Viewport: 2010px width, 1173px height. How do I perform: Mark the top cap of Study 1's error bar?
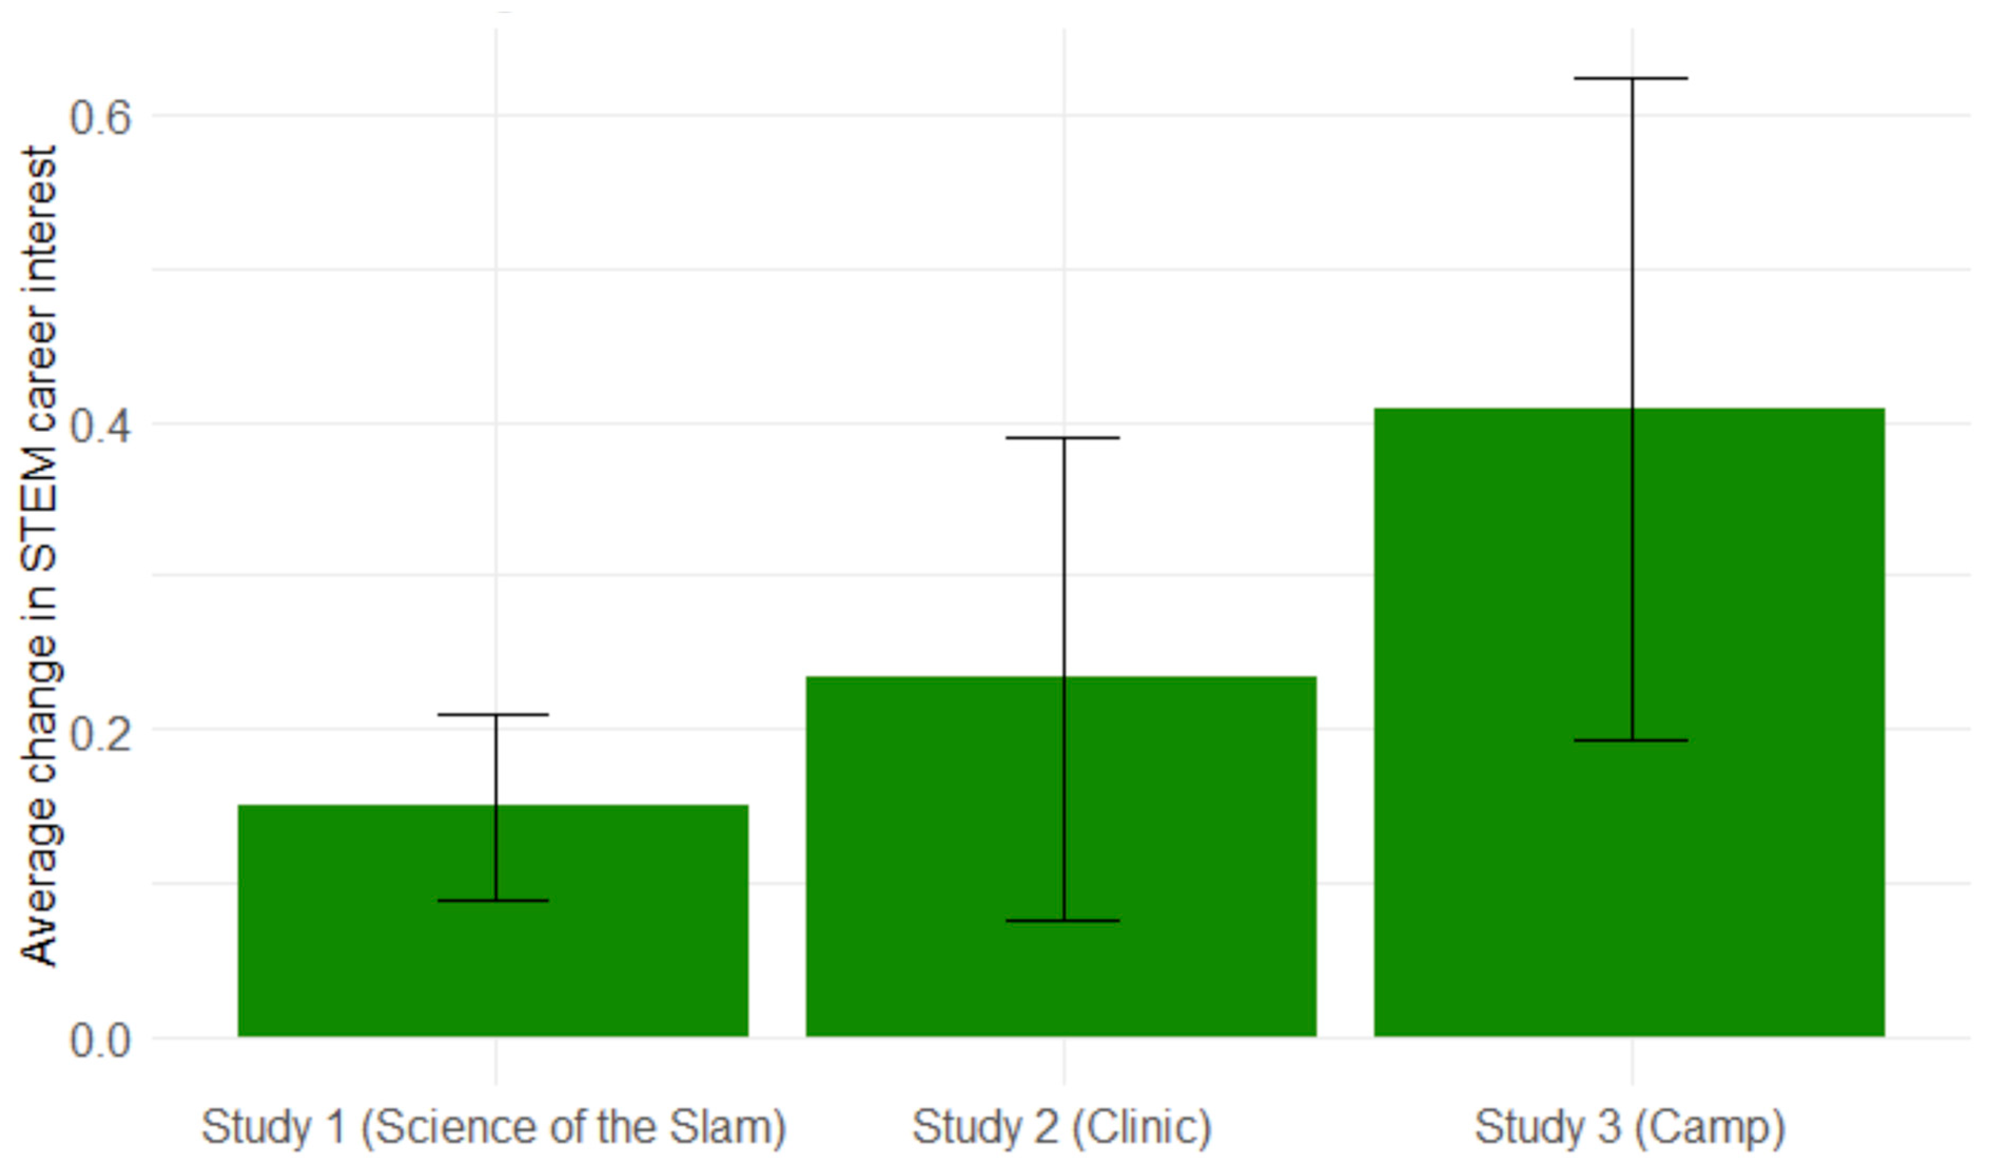pos(494,715)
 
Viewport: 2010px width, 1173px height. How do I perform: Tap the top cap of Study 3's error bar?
pos(1631,78)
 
